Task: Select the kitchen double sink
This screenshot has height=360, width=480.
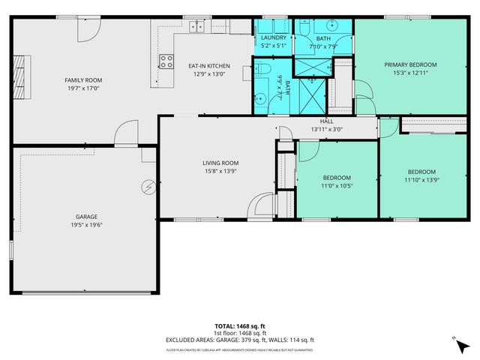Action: pyautogui.click(x=196, y=27)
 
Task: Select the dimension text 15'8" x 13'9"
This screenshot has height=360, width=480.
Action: pyautogui.click(x=220, y=171)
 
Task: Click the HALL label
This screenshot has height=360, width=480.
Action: pyautogui.click(x=326, y=121)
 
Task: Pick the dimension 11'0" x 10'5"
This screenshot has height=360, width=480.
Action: pyautogui.click(x=337, y=186)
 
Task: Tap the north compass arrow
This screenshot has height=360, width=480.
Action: pyautogui.click(x=457, y=341)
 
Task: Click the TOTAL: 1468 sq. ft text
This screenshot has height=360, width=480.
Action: pyautogui.click(x=239, y=326)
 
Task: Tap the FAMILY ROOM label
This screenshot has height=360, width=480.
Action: pyautogui.click(x=82, y=79)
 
